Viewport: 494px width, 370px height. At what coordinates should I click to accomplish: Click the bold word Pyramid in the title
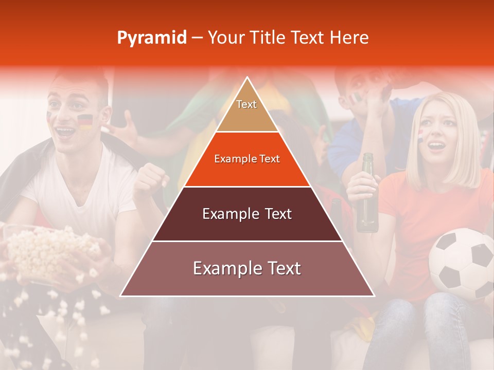[x=152, y=38]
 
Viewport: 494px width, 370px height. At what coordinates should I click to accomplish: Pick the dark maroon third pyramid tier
[x=247, y=214]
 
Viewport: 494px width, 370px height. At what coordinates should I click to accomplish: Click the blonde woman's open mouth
[x=437, y=146]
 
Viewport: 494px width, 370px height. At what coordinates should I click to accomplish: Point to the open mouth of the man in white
[x=65, y=132]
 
